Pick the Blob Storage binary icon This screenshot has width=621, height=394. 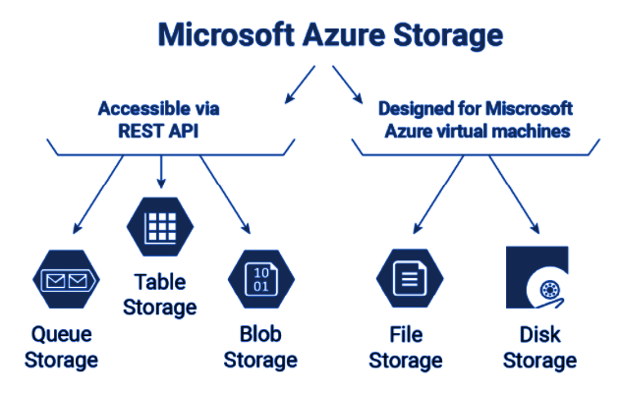tap(259, 280)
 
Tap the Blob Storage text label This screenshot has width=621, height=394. tap(260, 346)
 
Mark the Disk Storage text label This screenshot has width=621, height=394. tap(539, 346)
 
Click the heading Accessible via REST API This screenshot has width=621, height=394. tap(161, 119)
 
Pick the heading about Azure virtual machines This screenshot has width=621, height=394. tap(476, 119)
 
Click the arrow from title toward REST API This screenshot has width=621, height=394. tap(298, 85)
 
